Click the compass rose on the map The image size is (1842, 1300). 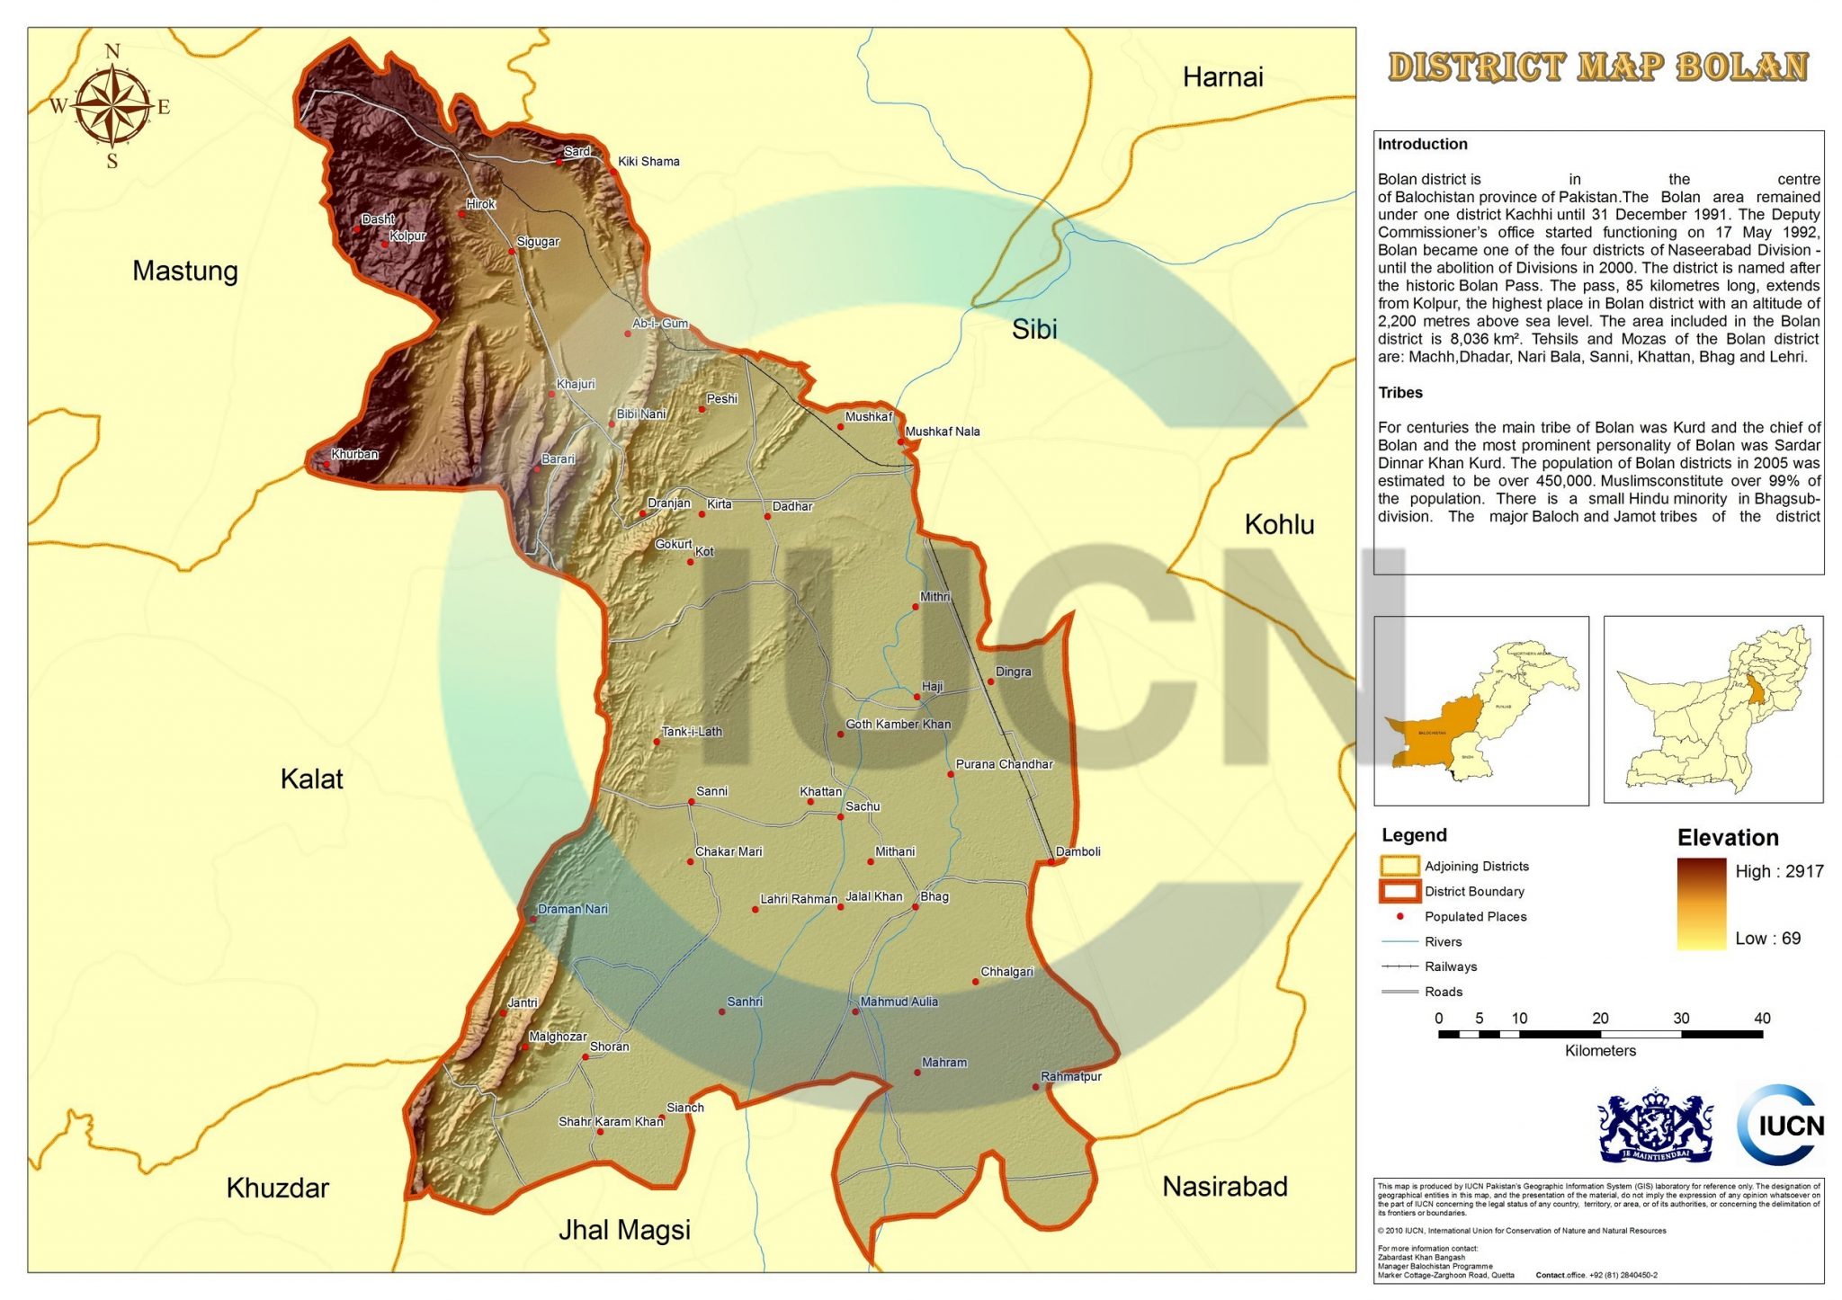pyautogui.click(x=112, y=107)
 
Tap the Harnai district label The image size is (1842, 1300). pyautogui.click(x=1222, y=77)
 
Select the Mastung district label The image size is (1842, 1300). pyautogui.click(x=185, y=271)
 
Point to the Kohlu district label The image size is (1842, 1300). pyautogui.click(x=1279, y=525)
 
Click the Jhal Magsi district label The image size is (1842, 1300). pyautogui.click(x=624, y=1230)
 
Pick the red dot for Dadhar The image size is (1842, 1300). pyautogui.click(x=767, y=517)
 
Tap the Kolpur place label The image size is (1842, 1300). pyautogui.click(x=407, y=236)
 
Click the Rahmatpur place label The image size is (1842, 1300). pyautogui.click(x=1070, y=1076)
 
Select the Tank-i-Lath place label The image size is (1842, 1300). pyautogui.click(x=692, y=732)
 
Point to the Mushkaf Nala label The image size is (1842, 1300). pyautogui.click(x=942, y=432)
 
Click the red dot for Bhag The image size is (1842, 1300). pyautogui.click(x=916, y=907)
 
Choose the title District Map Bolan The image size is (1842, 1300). pyautogui.click(x=1597, y=67)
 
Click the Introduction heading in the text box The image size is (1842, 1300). pyautogui.click(x=1422, y=144)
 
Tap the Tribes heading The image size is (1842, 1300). pyautogui.click(x=1400, y=393)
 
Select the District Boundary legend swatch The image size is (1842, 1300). pyautogui.click(x=1399, y=892)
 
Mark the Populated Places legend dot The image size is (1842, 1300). pyautogui.click(x=1399, y=916)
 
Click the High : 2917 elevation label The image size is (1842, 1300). pyautogui.click(x=1778, y=871)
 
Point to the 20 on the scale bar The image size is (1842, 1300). pyautogui.click(x=1600, y=1019)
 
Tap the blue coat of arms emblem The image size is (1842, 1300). pyautogui.click(x=1655, y=1125)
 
